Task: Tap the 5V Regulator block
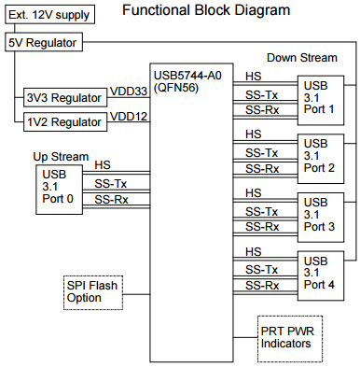pyautogui.click(x=44, y=43)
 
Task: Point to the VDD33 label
pyautogui.click(x=129, y=92)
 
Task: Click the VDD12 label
pyautogui.click(x=129, y=116)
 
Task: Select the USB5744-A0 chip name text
pyautogui.click(x=189, y=74)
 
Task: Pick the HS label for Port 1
pyautogui.click(x=253, y=77)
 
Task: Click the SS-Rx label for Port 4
pyautogui.click(x=262, y=286)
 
